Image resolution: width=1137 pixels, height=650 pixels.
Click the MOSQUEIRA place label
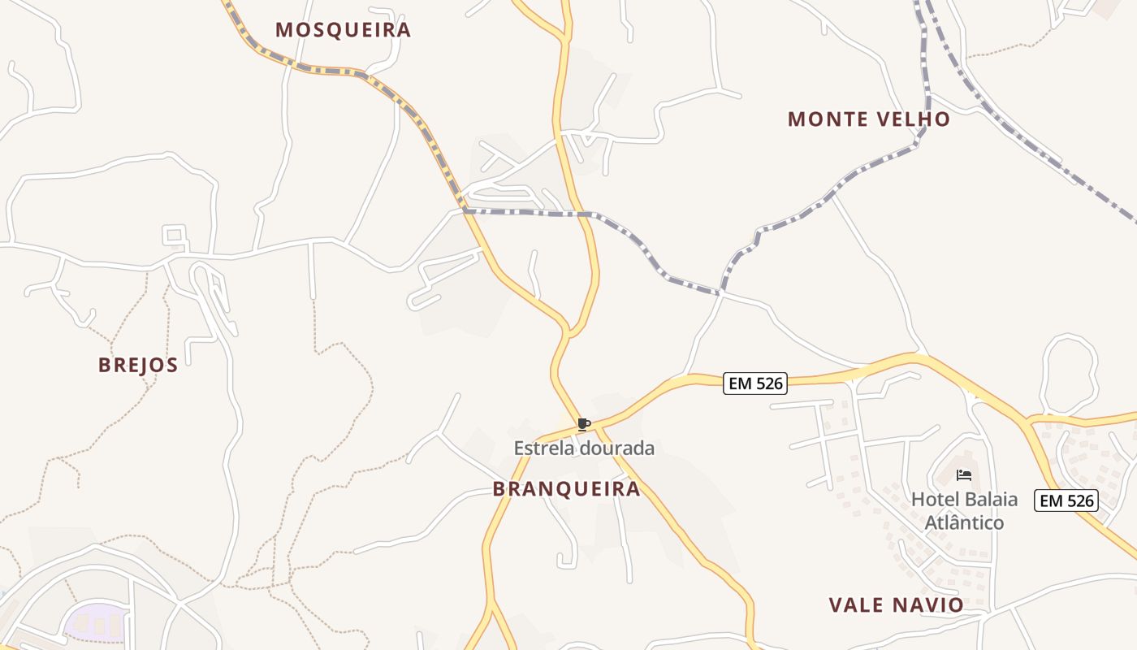[x=343, y=30]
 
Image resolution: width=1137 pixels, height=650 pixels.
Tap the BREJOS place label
[x=138, y=365]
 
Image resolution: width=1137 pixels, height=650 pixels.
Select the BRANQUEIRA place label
[x=566, y=489]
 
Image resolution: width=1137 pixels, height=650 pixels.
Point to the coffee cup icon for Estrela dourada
[x=583, y=424]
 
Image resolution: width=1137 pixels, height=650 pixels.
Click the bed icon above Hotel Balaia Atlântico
[x=964, y=474]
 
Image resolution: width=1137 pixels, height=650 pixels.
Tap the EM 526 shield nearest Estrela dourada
[x=755, y=383]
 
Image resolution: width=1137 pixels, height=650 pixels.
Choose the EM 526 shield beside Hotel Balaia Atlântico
[x=1066, y=500]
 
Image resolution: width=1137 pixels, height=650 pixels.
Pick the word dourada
[x=616, y=448]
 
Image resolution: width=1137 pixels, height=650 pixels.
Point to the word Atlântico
[x=964, y=522]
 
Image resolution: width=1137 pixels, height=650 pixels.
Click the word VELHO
[x=912, y=119]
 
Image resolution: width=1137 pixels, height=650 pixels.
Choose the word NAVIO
[x=927, y=605]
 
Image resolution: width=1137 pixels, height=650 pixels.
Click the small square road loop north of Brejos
[x=175, y=236]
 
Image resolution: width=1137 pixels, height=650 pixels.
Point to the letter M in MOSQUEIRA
[x=283, y=30]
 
